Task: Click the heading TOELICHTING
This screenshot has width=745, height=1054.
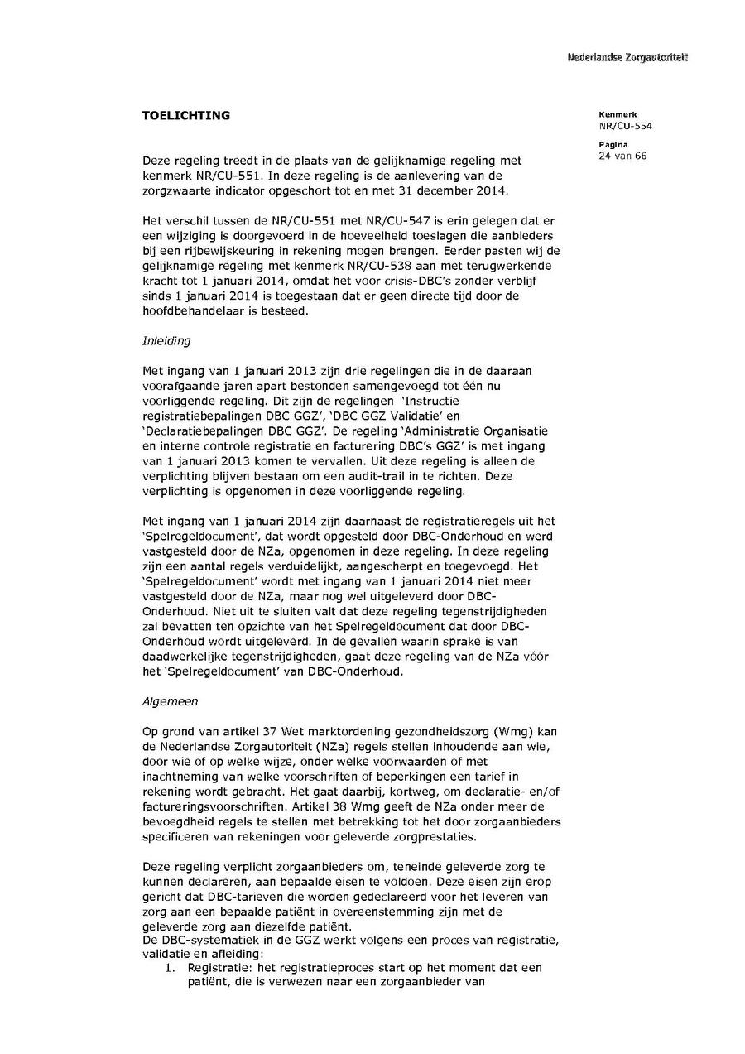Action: pyautogui.click(x=186, y=116)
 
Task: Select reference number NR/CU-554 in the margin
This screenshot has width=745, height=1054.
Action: pyautogui.click(x=626, y=126)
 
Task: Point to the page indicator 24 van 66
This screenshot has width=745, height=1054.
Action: pyautogui.click(x=622, y=156)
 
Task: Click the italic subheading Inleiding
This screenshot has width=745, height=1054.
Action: pyautogui.click(x=166, y=340)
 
